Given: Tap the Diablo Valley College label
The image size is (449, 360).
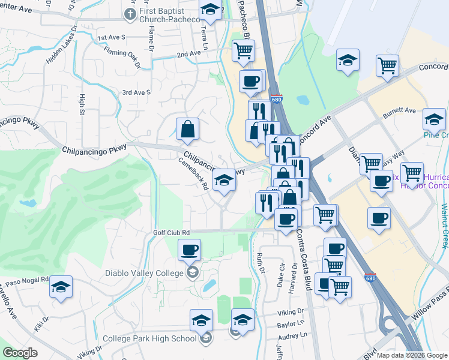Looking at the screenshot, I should pyautogui.click(x=143, y=274).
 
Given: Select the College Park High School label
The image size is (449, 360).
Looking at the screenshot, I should pyautogui.click(x=149, y=338).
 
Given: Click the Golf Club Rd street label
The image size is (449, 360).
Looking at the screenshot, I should pyautogui.click(x=170, y=232).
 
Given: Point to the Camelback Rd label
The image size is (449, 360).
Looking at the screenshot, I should pyautogui.click(x=193, y=174).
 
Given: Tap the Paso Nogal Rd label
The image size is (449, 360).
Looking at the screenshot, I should pyautogui.click(x=26, y=280).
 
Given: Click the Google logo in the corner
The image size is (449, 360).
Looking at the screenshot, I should pyautogui.click(x=20, y=353).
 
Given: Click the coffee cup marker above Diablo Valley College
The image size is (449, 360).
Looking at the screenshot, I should pyautogui.click(x=190, y=250).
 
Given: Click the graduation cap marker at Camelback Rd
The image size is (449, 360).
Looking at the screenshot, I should pyautogui.click(x=223, y=179).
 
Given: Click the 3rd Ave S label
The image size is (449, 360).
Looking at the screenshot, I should pyautogui.click(x=136, y=92).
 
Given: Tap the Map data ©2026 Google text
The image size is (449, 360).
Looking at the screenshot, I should pyautogui.click(x=412, y=355).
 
